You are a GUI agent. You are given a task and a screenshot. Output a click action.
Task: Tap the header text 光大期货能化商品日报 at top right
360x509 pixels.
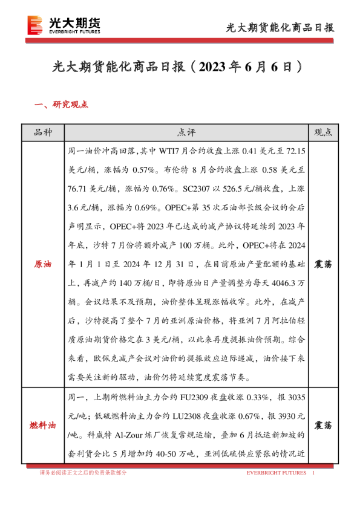tap(280, 27)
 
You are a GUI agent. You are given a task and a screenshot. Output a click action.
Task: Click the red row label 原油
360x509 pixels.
tap(42, 265)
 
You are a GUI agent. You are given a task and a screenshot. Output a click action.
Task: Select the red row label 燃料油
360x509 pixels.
tap(42, 426)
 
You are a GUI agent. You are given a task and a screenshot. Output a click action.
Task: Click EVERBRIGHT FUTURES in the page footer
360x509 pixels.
tap(277, 473)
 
